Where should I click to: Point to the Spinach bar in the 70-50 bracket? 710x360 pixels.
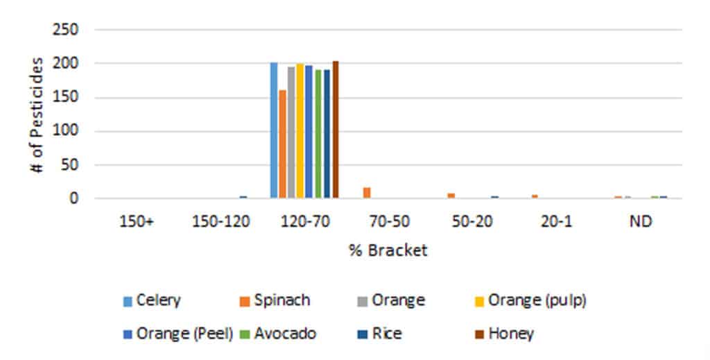click(367, 193)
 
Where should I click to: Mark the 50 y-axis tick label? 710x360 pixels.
click(72, 165)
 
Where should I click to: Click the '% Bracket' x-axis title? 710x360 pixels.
click(388, 250)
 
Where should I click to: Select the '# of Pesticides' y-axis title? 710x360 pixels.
click(37, 114)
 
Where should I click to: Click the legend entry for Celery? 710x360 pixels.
click(151, 300)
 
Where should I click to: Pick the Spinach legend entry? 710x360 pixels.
click(273, 300)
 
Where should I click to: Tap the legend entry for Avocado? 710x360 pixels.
click(277, 334)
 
